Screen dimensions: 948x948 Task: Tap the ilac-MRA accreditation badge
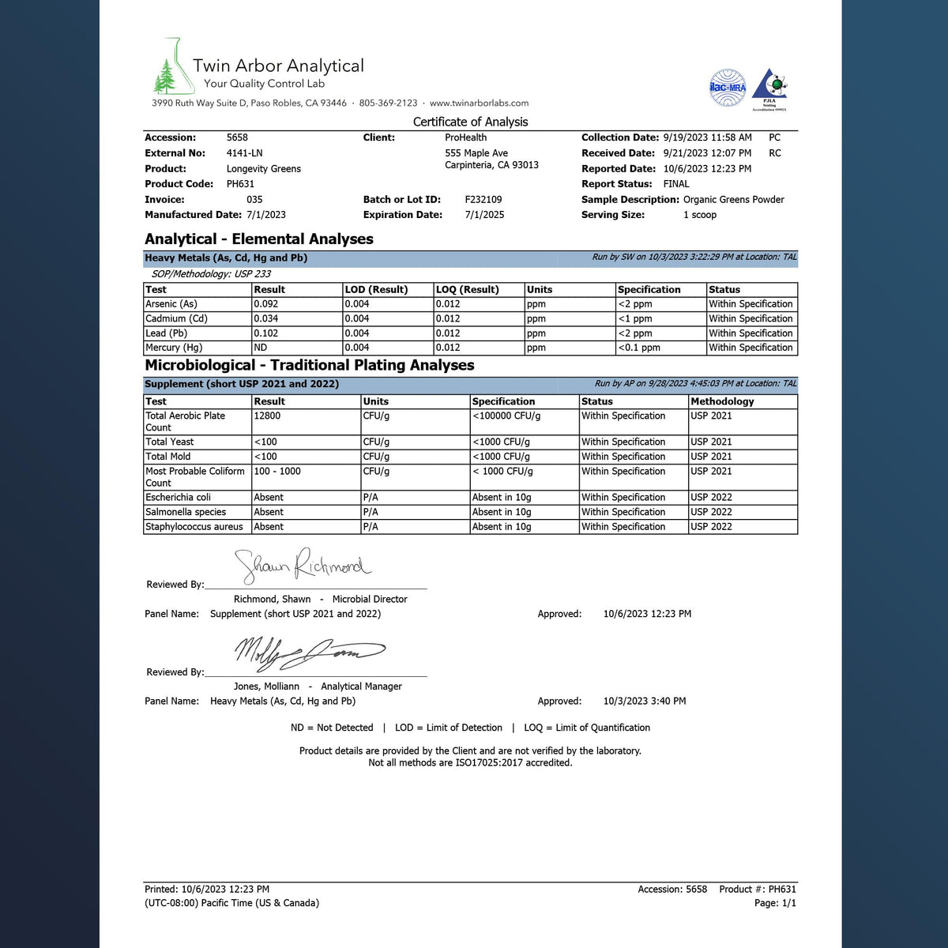[727, 87]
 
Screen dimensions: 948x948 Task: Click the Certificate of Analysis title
[470, 122]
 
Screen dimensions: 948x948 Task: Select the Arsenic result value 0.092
[265, 304]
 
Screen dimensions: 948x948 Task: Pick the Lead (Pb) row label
[167, 333]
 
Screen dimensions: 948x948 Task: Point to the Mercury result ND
[261, 348]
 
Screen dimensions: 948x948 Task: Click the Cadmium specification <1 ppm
[635, 319]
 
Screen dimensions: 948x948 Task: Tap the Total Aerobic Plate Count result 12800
[267, 416]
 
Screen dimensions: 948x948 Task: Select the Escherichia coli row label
[179, 498]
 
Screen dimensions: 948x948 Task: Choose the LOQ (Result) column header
[468, 290]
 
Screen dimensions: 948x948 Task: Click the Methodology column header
[722, 401]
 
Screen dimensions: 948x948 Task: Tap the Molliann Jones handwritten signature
[308, 653]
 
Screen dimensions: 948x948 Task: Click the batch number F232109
[483, 200]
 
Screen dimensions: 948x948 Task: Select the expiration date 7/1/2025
[484, 215]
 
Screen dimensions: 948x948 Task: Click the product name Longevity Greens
[264, 169]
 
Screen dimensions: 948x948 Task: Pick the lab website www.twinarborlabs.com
[479, 103]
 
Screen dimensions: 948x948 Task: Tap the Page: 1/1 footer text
[775, 903]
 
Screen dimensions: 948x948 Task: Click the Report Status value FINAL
[676, 184]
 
